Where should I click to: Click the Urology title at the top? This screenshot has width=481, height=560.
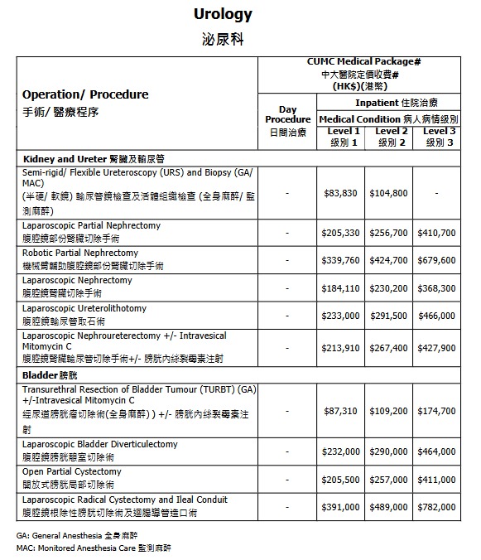pyautogui.click(x=222, y=14)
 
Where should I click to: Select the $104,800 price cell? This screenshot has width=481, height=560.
pyautogui.click(x=388, y=193)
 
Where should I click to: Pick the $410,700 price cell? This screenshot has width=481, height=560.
pyautogui.click(x=436, y=233)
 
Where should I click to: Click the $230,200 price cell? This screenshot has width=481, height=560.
pyautogui.click(x=388, y=288)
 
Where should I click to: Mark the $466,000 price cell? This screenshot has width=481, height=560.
pyautogui.click(x=436, y=316)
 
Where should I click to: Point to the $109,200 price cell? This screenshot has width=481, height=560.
pyautogui.click(x=388, y=411)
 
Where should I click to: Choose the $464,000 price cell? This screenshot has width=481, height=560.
pyautogui.click(x=436, y=451)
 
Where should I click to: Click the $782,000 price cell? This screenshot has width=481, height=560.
pyautogui.click(x=436, y=506)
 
